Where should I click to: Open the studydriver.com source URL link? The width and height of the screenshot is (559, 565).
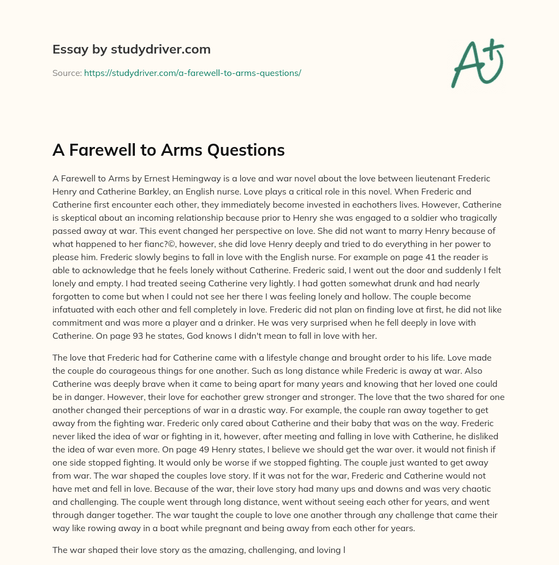(x=192, y=73)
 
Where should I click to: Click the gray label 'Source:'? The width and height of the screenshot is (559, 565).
(x=67, y=73)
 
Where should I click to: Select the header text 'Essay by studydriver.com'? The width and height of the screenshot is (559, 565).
(x=131, y=49)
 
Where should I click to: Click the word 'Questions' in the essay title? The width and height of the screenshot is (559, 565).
(x=243, y=150)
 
